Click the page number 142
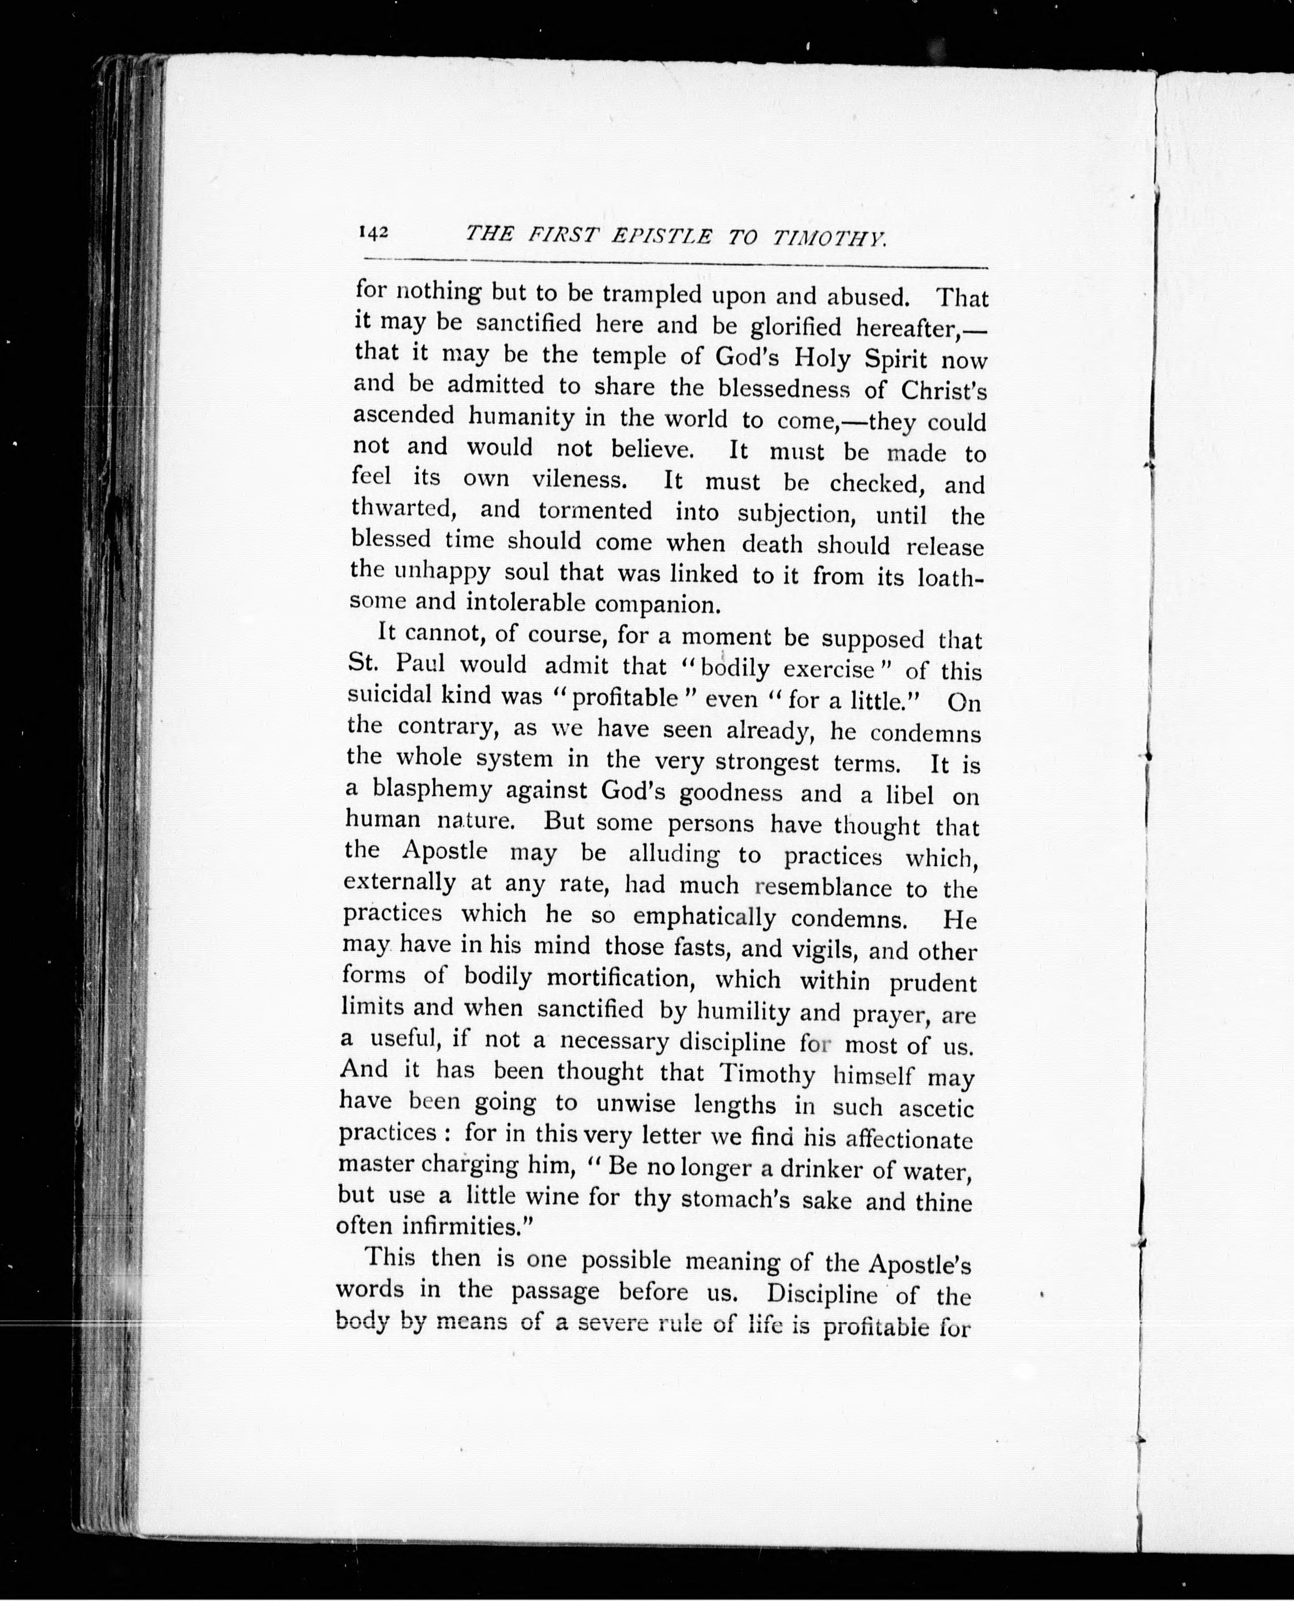coord(373,232)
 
